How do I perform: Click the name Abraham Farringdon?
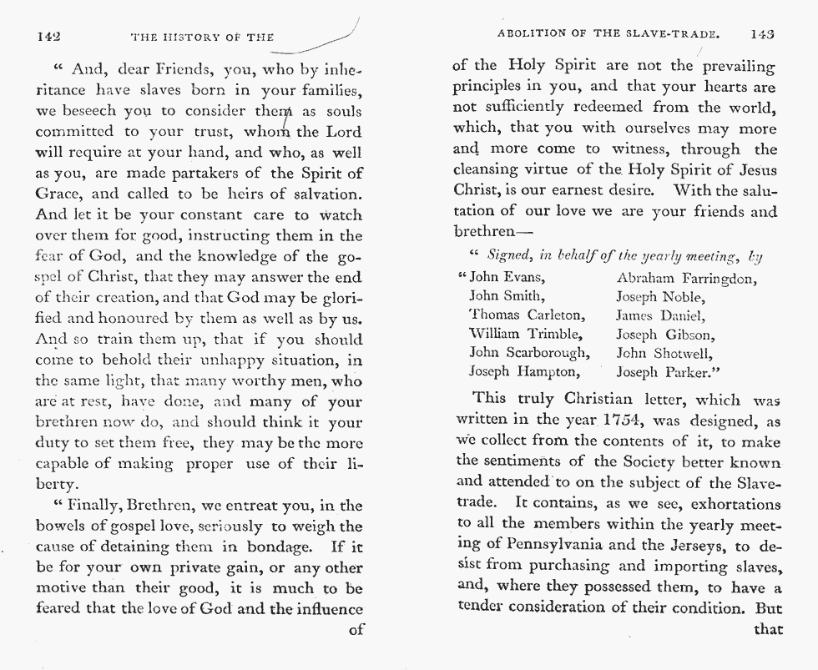click(686, 277)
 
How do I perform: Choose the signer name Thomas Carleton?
click(528, 315)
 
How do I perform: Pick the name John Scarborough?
click(529, 352)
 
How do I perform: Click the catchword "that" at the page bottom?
click(768, 628)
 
